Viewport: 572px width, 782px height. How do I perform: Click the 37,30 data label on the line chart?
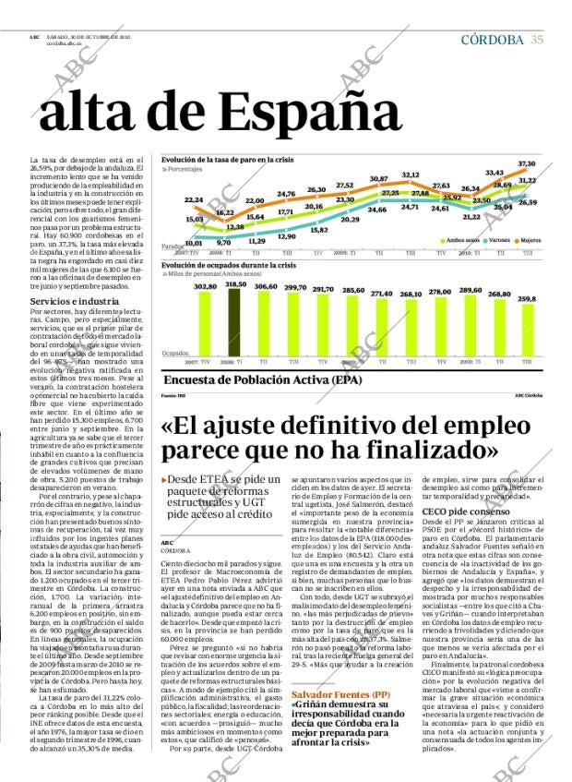click(x=526, y=163)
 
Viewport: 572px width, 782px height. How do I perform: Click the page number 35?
click(x=536, y=39)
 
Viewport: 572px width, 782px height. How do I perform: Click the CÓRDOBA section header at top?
click(x=492, y=39)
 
